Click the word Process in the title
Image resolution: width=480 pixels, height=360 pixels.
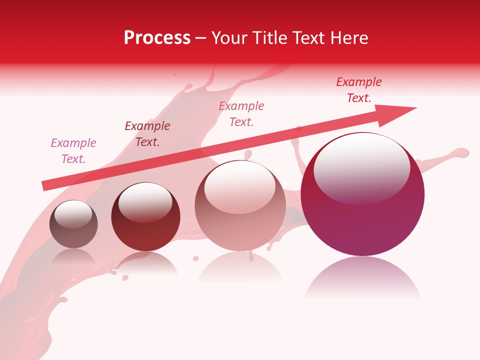click(157, 38)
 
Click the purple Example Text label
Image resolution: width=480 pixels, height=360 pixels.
click(73, 151)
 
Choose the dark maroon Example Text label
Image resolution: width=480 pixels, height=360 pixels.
click(147, 134)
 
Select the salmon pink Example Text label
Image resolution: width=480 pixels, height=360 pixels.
click(241, 114)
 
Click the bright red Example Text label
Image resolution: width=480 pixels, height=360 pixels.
click(359, 90)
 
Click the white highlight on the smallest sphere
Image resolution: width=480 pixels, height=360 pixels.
click(73, 214)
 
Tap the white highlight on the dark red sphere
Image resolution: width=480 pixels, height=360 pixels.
click(145, 201)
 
